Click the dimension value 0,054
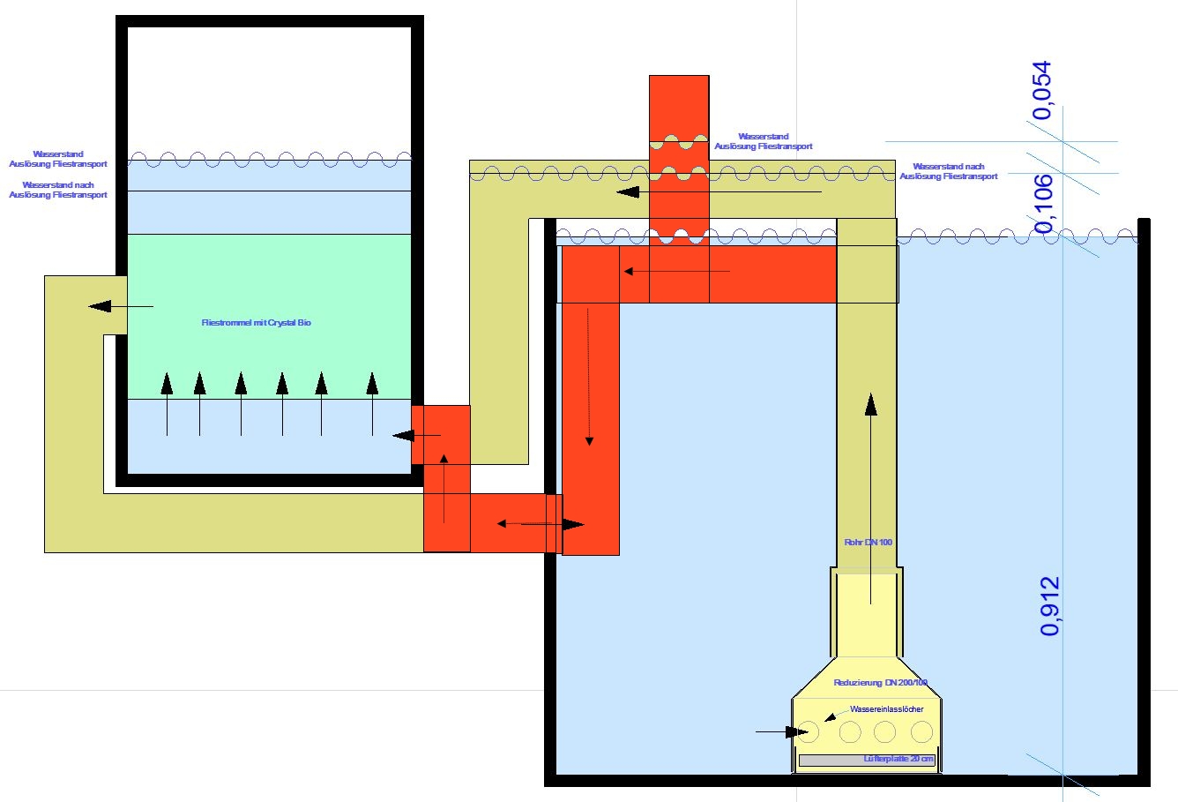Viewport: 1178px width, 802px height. [1043, 90]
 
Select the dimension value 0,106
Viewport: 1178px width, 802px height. [1043, 204]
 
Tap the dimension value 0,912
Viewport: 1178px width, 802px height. [1049, 606]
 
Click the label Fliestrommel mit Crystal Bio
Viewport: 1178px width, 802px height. [257, 323]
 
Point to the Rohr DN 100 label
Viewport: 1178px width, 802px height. [869, 542]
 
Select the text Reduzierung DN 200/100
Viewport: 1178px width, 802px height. [880, 683]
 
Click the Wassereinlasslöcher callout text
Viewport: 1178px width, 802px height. [886, 709]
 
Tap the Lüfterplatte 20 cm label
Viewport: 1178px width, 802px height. [898, 760]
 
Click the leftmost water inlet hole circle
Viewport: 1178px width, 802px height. [809, 731]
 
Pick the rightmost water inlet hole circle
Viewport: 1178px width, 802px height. [921, 731]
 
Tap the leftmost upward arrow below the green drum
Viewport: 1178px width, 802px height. [167, 404]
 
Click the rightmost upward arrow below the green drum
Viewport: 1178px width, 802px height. [372, 404]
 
